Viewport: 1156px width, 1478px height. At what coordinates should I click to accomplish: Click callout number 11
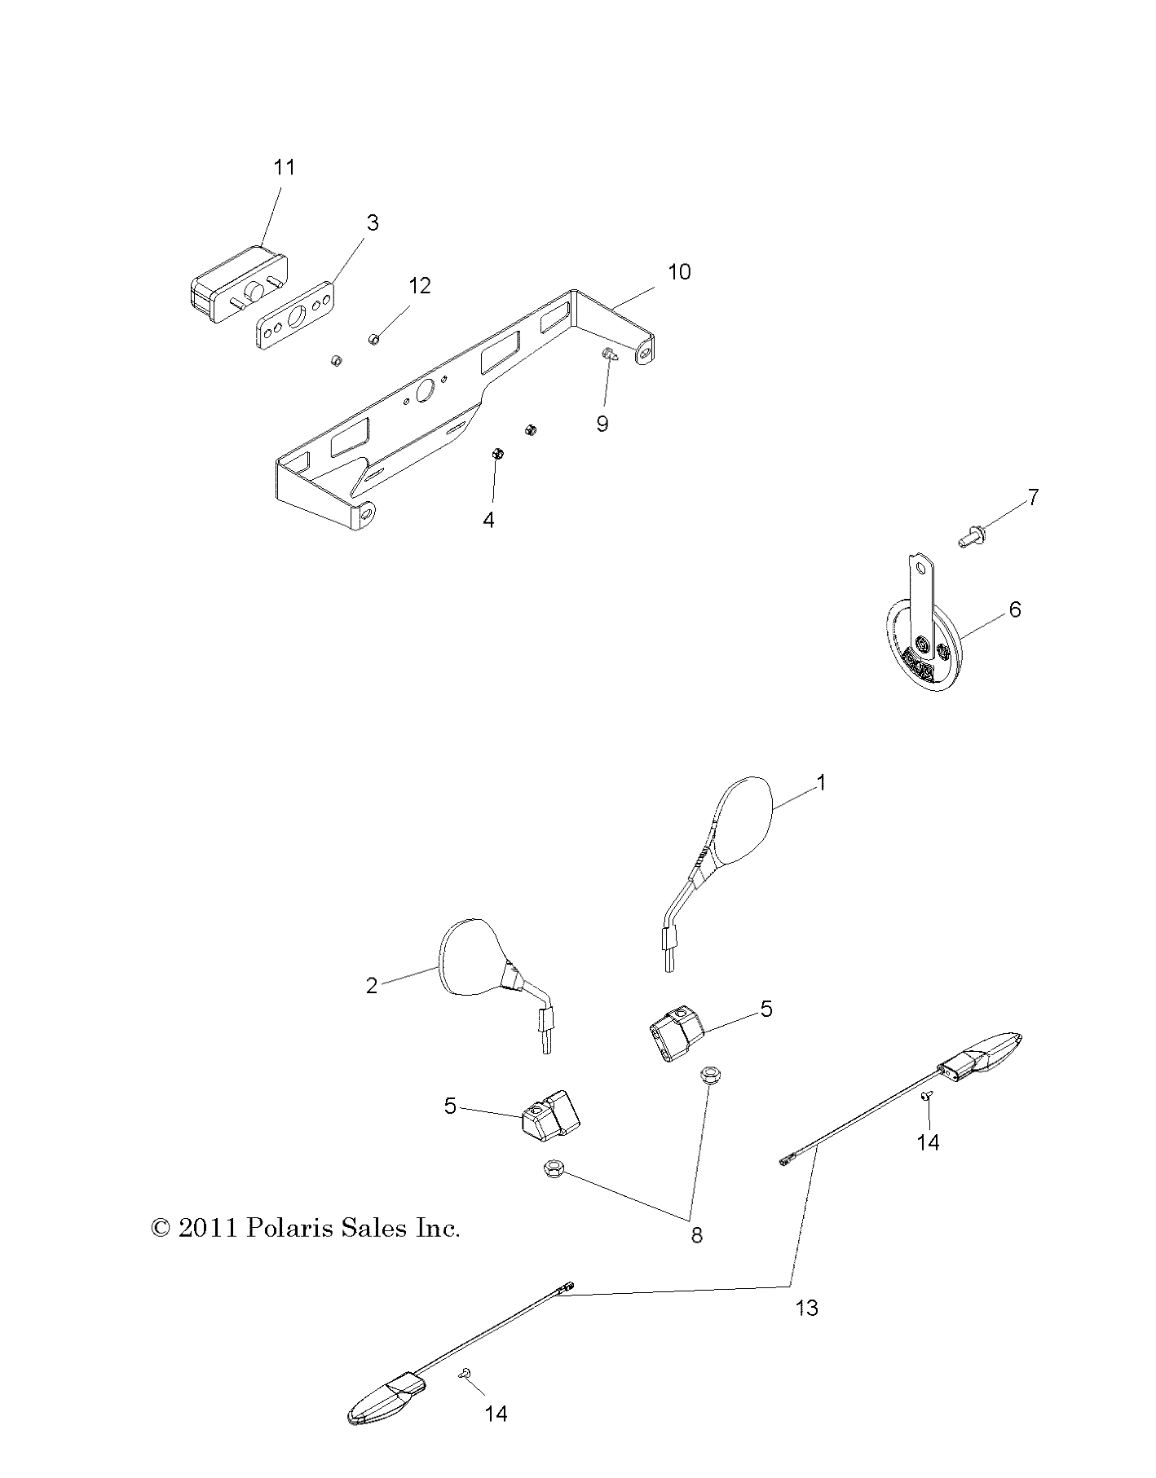284,167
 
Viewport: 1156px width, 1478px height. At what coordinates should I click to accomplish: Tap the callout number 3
373,222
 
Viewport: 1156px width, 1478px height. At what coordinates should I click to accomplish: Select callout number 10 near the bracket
679,271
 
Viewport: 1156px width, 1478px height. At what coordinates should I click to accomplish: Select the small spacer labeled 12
375,338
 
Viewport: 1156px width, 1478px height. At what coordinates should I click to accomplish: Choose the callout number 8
696,1235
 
